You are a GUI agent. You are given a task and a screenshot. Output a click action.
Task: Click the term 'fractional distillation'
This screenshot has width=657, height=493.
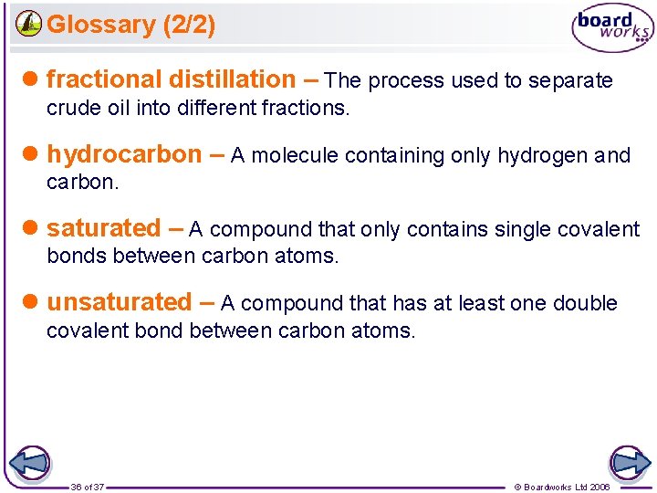point(171,79)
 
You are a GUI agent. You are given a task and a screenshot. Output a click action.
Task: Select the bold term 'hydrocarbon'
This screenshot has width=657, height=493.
point(124,154)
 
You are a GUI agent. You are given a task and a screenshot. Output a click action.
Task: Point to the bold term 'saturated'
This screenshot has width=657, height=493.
point(103,228)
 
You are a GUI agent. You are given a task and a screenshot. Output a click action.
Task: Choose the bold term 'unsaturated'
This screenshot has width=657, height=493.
point(119,302)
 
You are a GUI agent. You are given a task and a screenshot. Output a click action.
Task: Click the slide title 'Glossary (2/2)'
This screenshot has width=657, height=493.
point(130,25)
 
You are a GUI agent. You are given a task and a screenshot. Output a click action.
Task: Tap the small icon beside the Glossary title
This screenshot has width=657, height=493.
point(29,24)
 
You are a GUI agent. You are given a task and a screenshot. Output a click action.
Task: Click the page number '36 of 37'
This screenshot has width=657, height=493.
point(88,488)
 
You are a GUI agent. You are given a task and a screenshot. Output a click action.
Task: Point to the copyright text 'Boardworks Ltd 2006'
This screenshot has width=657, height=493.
point(567,488)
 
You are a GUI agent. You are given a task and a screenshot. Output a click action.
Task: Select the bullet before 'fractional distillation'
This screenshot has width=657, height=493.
point(32,80)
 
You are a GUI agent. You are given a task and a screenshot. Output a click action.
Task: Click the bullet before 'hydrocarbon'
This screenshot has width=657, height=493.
point(32,155)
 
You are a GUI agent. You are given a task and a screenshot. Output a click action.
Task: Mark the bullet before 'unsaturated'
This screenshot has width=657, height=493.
point(32,303)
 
